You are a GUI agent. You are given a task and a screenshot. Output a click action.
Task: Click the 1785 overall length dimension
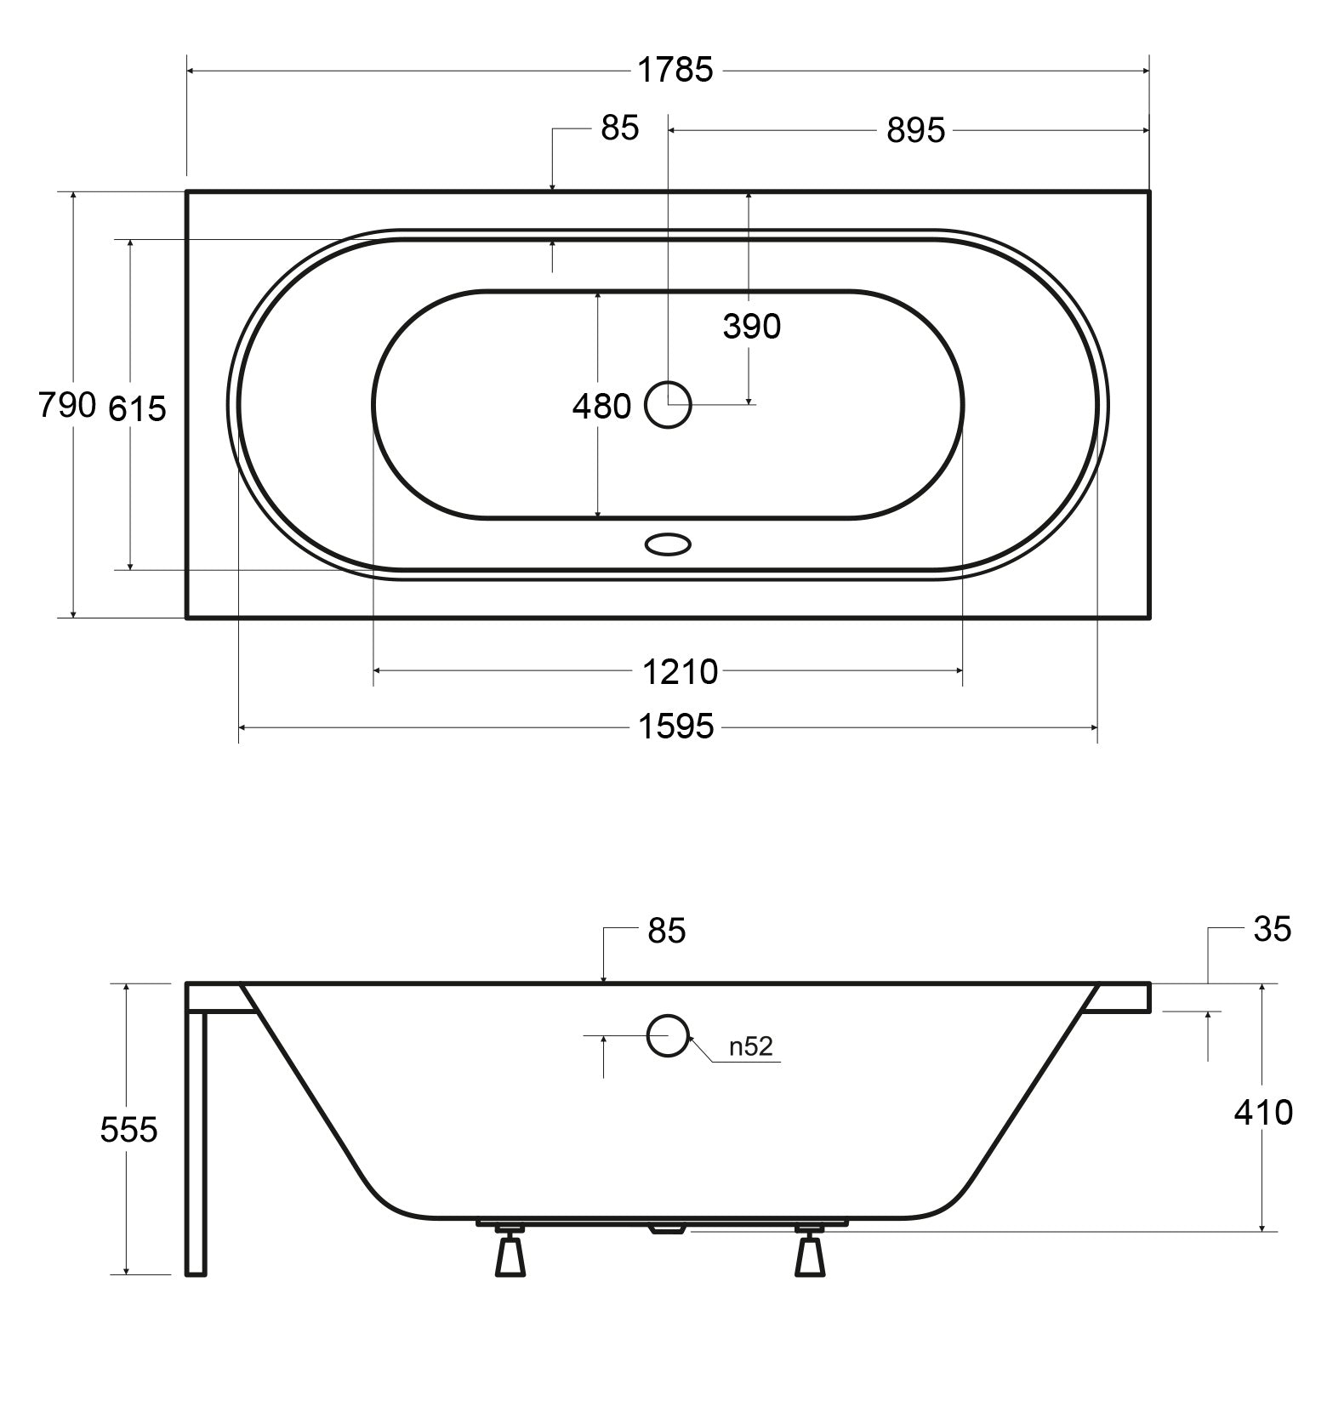[x=675, y=70]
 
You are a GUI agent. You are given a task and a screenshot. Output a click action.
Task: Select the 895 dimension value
[x=916, y=131]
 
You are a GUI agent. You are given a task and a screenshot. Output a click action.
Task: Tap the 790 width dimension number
[x=67, y=406]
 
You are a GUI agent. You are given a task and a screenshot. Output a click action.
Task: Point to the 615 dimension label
[x=137, y=409]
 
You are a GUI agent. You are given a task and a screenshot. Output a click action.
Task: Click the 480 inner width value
[x=601, y=407]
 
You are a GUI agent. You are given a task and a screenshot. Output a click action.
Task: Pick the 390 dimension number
[x=752, y=327]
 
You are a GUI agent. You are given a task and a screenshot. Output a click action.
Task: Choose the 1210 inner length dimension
[x=680, y=673]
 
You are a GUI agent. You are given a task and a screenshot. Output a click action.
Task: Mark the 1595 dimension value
[x=675, y=727]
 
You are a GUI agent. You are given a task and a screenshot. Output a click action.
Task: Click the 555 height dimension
[x=128, y=1130]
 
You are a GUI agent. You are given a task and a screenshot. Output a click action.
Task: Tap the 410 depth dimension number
[x=1263, y=1112]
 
